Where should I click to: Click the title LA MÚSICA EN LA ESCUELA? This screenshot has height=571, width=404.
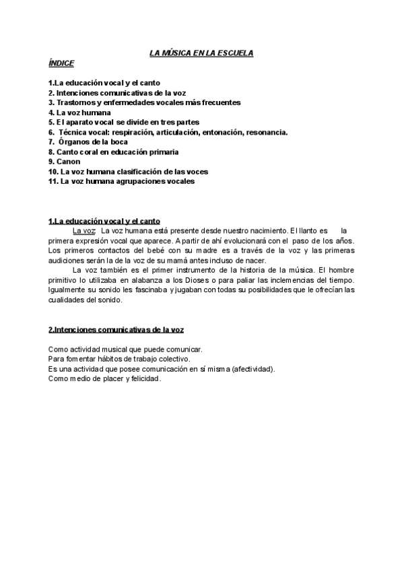201,53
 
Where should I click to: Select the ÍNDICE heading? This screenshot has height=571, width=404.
61,63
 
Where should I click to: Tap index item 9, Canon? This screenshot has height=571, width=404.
65,162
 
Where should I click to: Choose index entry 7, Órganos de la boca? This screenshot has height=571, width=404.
88,142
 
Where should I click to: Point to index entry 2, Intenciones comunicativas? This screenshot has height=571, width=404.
117,92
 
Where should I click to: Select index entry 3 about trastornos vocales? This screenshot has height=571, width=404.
144,102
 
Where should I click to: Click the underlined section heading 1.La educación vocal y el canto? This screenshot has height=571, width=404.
104,221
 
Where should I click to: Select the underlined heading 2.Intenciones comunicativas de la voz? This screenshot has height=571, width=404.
116,330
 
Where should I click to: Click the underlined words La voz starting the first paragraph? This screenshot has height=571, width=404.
84,230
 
